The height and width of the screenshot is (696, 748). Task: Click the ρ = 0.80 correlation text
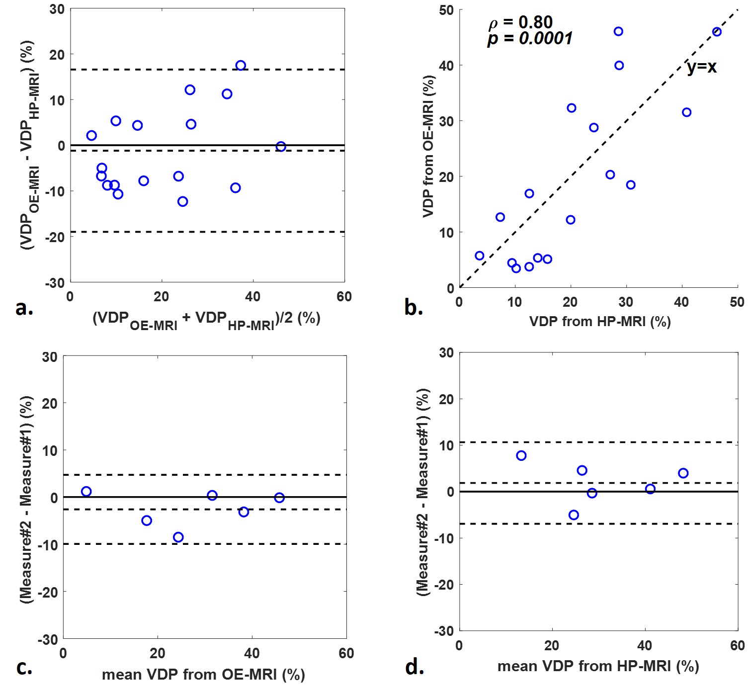pos(520,22)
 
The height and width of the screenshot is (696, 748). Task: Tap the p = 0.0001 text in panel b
pos(530,39)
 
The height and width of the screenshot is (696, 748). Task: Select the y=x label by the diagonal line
pos(701,67)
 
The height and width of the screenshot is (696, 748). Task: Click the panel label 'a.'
pos(24,309)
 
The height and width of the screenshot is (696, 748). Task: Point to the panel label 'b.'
pos(414,309)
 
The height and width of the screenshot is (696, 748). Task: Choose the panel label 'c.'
pos(24,667)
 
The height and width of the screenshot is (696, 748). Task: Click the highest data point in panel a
pos(241,66)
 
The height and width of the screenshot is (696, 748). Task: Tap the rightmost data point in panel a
pos(281,147)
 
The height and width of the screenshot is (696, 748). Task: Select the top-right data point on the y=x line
pos(717,32)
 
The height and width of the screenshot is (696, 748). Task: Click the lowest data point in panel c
pos(178,537)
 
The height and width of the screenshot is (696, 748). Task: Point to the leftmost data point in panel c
pos(86,492)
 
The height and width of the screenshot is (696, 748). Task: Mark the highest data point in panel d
pos(521,456)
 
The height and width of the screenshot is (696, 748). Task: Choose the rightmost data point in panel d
pos(683,473)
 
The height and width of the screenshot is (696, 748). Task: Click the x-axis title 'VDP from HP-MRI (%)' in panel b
pos(600,322)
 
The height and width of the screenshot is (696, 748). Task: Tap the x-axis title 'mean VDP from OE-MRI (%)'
pos(203,675)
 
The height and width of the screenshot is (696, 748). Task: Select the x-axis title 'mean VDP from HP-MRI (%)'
pos(598,666)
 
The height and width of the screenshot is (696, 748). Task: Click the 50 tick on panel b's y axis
pos(446,10)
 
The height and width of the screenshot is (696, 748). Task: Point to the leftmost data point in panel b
pos(479,256)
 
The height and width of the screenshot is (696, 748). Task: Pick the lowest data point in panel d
pos(574,515)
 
